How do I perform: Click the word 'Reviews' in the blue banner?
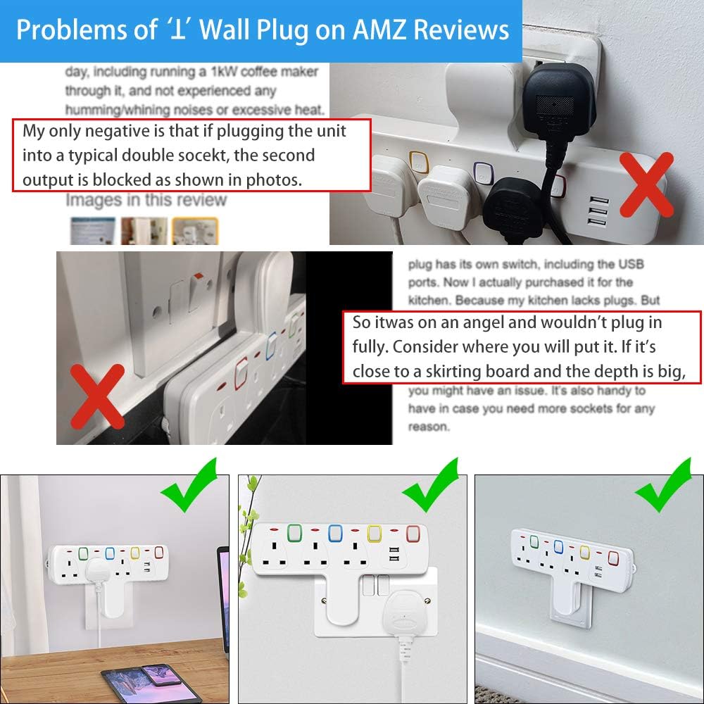pos(461,30)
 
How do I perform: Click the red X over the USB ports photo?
pos(647,184)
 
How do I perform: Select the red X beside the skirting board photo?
pos(97,396)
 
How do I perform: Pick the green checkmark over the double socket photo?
pos(431,486)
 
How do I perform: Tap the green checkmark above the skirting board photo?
pos(663,486)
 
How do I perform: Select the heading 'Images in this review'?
pos(146,200)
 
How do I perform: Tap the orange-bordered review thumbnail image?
pos(195,231)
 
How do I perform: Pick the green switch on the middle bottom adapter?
pos(293,533)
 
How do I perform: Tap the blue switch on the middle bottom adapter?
pos(335,534)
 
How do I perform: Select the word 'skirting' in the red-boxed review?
pos(453,372)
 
